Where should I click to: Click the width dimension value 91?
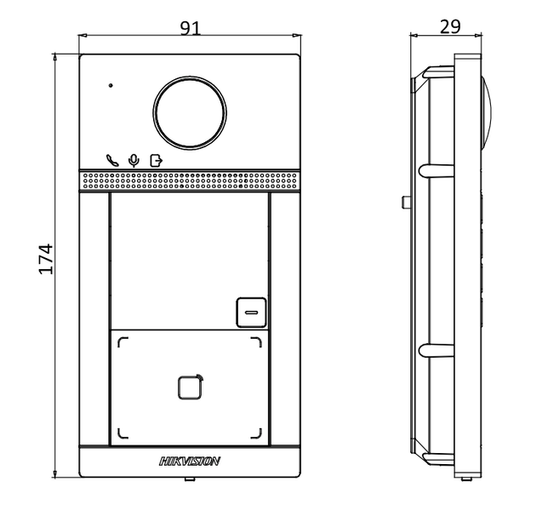tap(190, 27)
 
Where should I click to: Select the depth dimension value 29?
tap(450, 26)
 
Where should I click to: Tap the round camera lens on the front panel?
tap(190, 112)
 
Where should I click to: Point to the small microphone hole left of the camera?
tap(110, 85)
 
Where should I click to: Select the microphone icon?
tap(133, 159)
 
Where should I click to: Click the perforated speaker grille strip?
tap(190, 181)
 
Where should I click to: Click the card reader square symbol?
tap(190, 387)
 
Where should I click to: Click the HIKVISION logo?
tap(190, 461)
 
